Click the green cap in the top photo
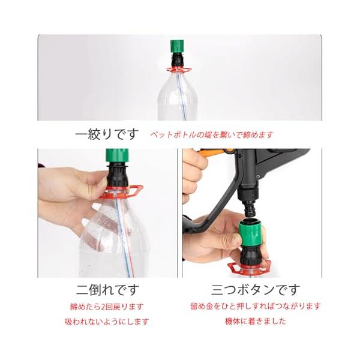coord(177,46)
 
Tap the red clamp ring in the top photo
coord(179,70)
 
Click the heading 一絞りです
coord(107,134)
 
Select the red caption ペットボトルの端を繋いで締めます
coord(212,134)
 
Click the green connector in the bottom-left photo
coord(117,155)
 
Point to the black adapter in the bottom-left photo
coord(118,174)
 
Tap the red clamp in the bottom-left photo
coord(121,192)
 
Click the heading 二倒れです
coord(107,290)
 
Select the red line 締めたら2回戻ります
coord(107,307)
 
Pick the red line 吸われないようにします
coord(107,322)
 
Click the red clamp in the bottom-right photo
coord(250,268)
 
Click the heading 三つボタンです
coord(256,290)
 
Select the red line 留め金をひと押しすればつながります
coord(256,306)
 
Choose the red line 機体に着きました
coord(256,321)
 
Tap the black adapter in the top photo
coord(177,60)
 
